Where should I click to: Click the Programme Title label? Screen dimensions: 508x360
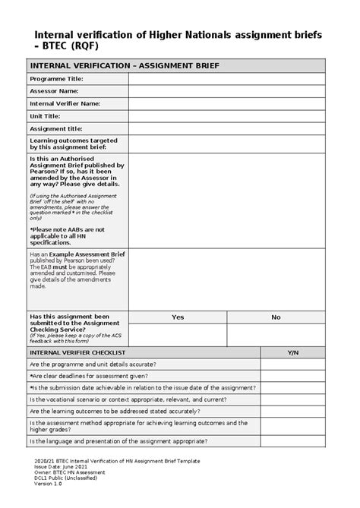click(x=56, y=79)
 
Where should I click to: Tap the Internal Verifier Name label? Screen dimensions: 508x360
click(x=65, y=104)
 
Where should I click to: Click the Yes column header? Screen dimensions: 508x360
click(x=178, y=317)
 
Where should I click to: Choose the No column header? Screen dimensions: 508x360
click(x=276, y=317)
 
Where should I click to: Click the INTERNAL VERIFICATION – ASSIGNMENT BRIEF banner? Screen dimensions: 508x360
click(x=125, y=66)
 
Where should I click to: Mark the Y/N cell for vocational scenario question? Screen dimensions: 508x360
click(x=292, y=398)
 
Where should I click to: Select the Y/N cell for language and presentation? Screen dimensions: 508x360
click(x=292, y=440)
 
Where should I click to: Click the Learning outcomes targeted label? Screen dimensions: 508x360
click(x=72, y=144)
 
